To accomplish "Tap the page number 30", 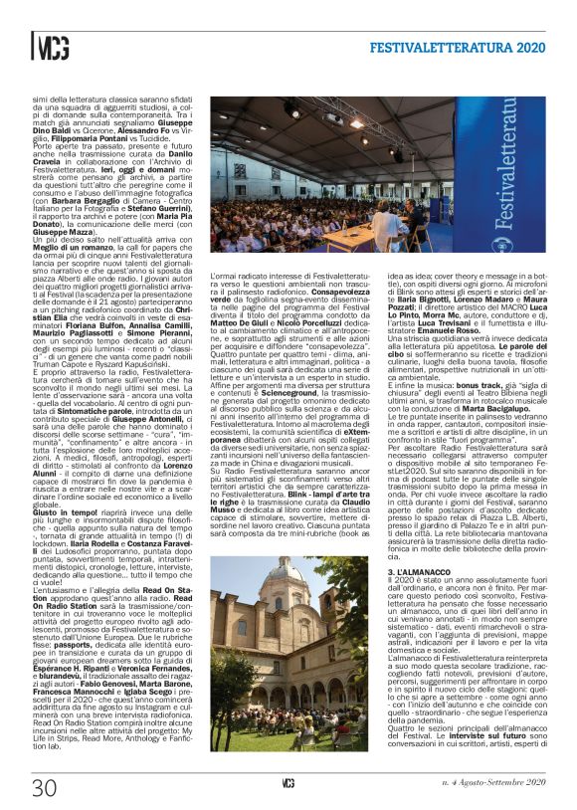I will [x=43, y=787].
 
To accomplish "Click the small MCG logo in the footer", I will [x=288, y=786].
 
